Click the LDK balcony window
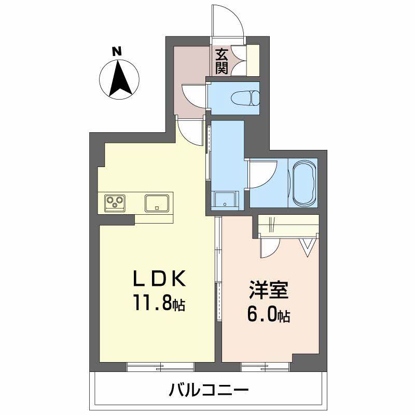(x=160, y=367)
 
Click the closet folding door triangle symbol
(x=308, y=245)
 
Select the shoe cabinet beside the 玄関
(x=253, y=61)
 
